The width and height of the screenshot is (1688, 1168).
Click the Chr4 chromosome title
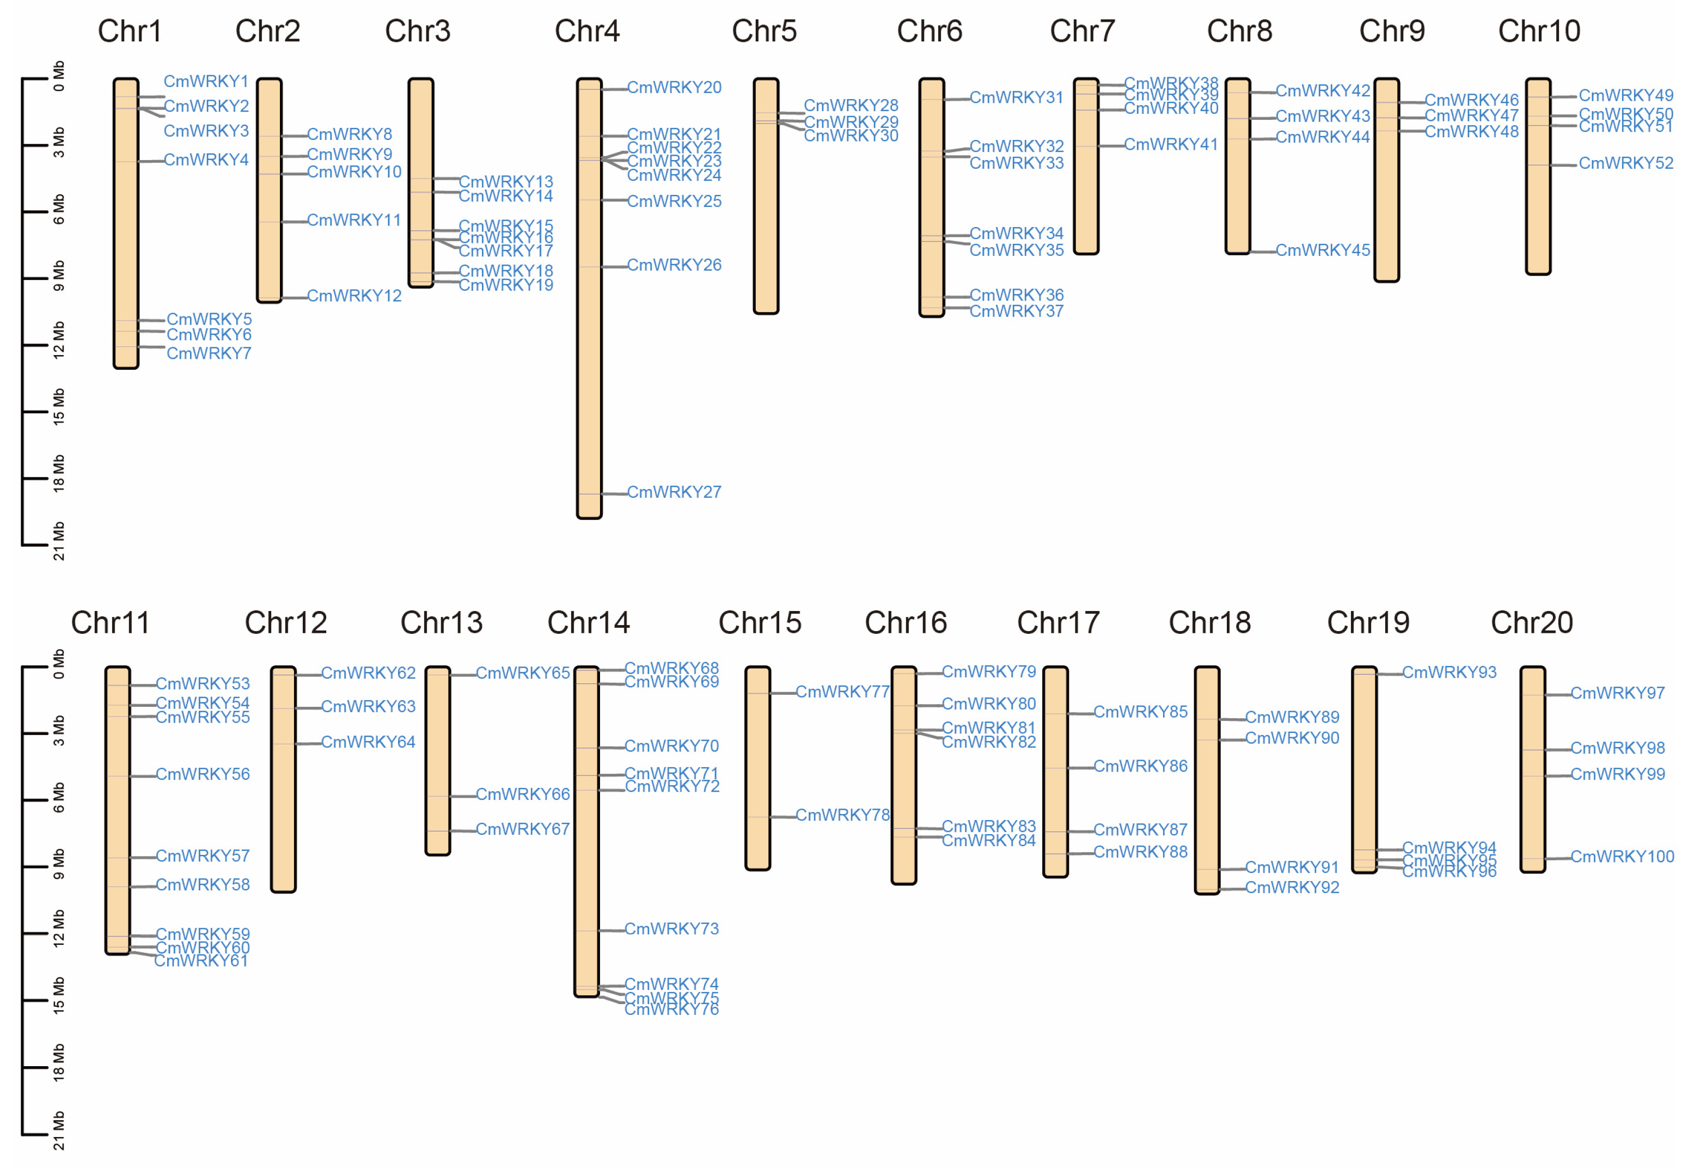(587, 32)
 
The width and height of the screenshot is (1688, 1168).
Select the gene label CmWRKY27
(674, 493)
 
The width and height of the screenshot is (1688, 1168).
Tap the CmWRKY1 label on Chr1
(206, 81)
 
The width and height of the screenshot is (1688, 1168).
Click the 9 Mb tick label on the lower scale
(58, 864)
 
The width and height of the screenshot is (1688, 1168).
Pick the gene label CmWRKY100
(1622, 857)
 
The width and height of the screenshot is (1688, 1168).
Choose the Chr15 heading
(760, 623)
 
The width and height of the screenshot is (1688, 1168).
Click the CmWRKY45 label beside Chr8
(1322, 250)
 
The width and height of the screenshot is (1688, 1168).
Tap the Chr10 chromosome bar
(1538, 176)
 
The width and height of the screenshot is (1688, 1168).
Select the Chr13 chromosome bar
(438, 761)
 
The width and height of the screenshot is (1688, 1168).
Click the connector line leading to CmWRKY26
(614, 266)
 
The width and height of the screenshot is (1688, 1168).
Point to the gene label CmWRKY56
(203, 774)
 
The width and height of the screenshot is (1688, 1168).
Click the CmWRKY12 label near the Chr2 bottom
(354, 296)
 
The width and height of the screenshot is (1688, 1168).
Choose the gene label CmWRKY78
(842, 815)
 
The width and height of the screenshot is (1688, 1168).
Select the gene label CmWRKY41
(1171, 144)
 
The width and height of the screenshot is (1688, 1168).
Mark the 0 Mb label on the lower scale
(58, 664)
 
